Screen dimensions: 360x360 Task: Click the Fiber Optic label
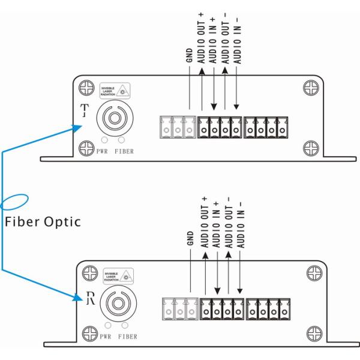42,221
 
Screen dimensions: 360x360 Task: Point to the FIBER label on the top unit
124,152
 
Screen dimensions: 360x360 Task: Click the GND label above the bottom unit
190,238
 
